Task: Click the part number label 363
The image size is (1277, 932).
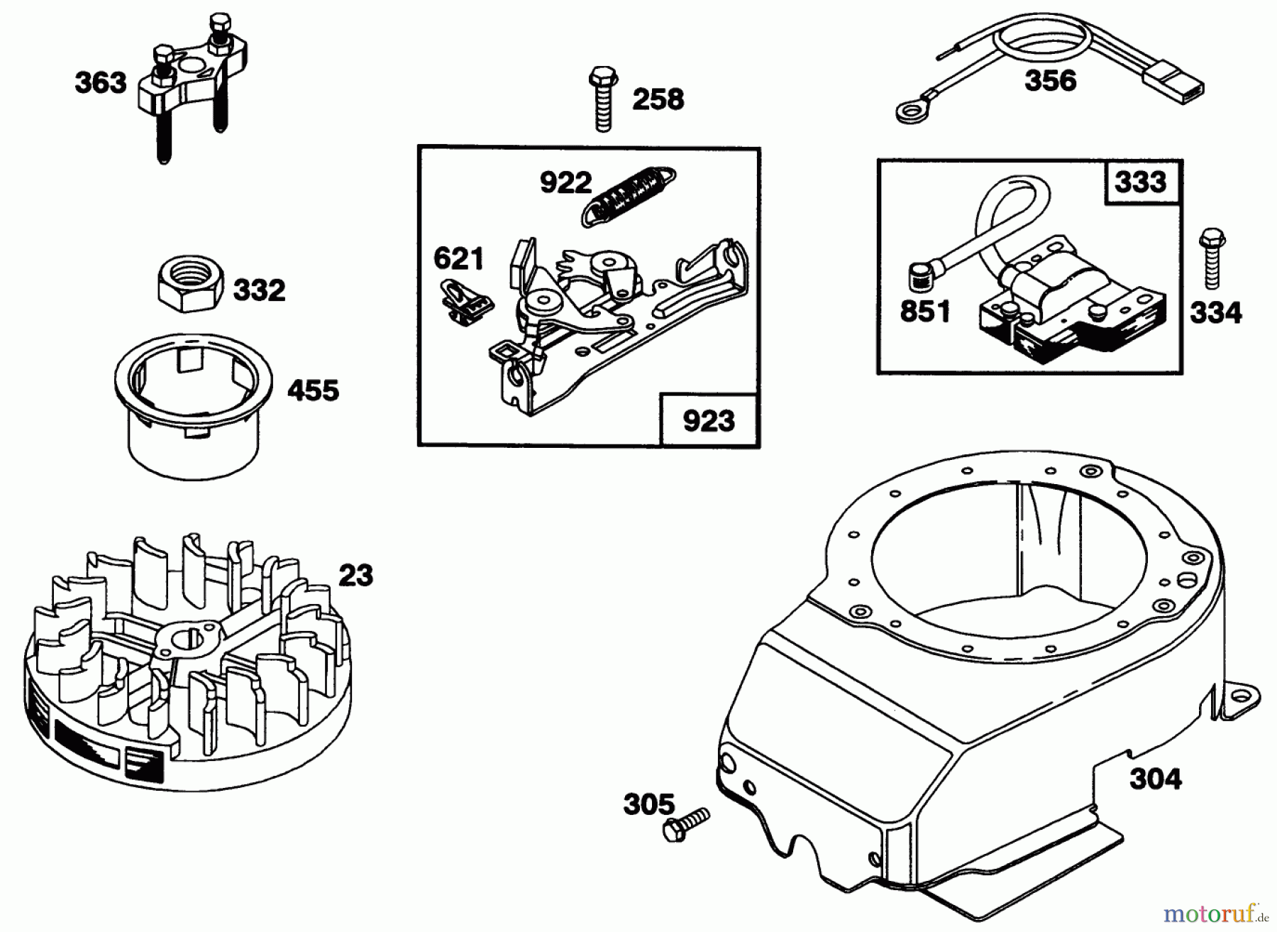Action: tap(100, 83)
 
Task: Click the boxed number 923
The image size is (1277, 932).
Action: tap(709, 421)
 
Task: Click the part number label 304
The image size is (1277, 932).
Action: tap(1156, 779)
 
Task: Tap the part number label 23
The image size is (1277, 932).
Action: tap(355, 575)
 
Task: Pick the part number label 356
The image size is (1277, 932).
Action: tap(1050, 80)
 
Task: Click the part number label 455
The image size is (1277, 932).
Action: tap(313, 390)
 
